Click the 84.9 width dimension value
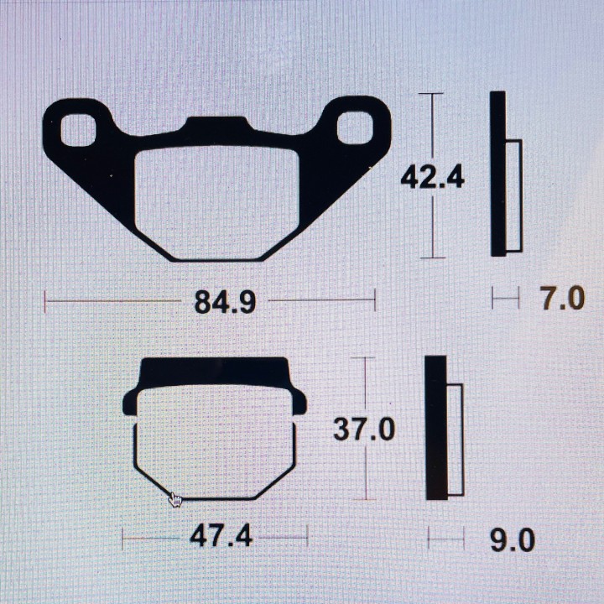[x=225, y=301]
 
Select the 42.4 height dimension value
[x=432, y=177]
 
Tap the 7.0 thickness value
[x=561, y=298]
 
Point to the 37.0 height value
[x=364, y=429]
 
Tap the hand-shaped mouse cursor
[x=175, y=500]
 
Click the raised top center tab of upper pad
[x=217, y=126]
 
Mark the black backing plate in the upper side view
[x=497, y=173]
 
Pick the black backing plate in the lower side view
[x=435, y=428]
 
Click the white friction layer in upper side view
[x=513, y=195]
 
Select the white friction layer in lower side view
[x=455, y=439]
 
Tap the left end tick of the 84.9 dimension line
[x=45, y=299]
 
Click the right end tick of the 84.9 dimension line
[x=375, y=299]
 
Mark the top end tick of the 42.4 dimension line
[x=431, y=94]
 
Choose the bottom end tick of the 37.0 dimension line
[x=365, y=499]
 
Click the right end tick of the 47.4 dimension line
[x=308, y=536]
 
